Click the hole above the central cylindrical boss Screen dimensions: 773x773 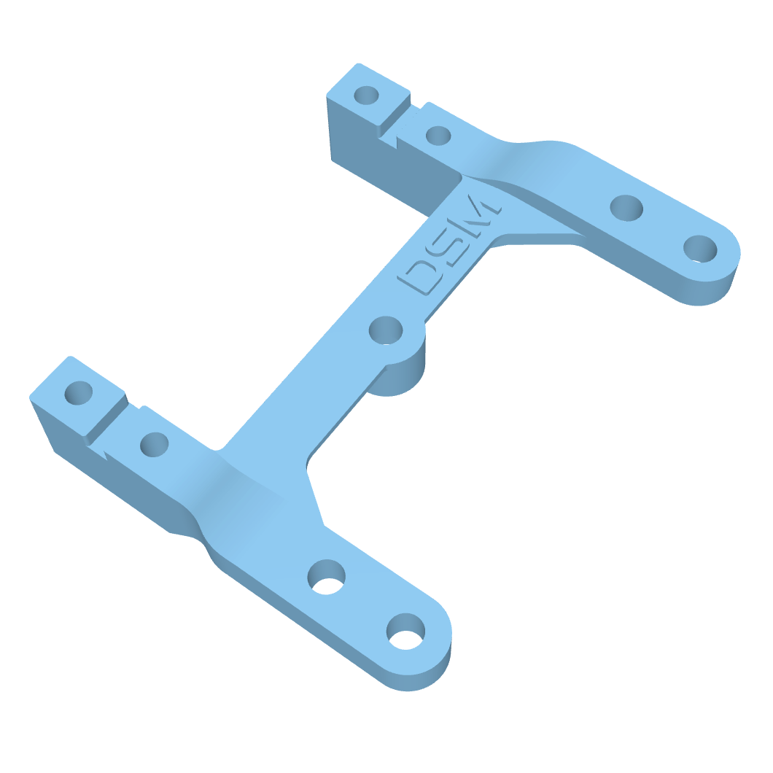[x=386, y=330]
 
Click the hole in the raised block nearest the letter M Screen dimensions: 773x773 [x=367, y=95]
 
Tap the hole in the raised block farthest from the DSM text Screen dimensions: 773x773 [x=79, y=393]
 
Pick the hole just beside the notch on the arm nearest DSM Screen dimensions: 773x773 [x=438, y=135]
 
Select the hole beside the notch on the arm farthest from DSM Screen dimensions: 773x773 [x=154, y=443]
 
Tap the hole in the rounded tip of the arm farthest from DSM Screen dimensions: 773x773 [x=405, y=631]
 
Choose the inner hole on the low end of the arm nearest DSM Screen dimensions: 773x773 [x=626, y=208]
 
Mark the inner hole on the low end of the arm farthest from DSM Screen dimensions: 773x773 [x=326, y=576]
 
